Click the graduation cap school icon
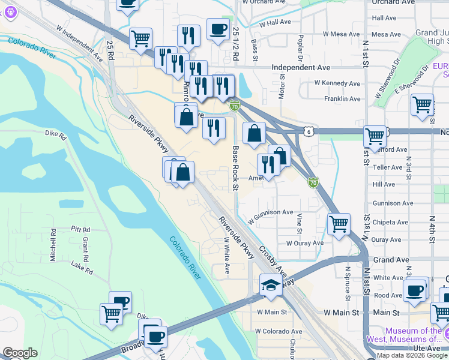[x=271, y=285]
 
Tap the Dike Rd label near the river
[x=55, y=134]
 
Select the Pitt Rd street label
[x=80, y=229]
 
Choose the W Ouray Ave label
[x=304, y=243]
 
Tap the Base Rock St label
[x=236, y=168]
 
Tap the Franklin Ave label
[x=342, y=98]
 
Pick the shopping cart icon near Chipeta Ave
[x=339, y=224]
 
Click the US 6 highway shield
[x=308, y=131]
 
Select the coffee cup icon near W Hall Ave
[x=217, y=29]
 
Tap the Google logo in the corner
[x=20, y=353]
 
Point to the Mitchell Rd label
[x=53, y=239]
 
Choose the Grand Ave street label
[x=391, y=260]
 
